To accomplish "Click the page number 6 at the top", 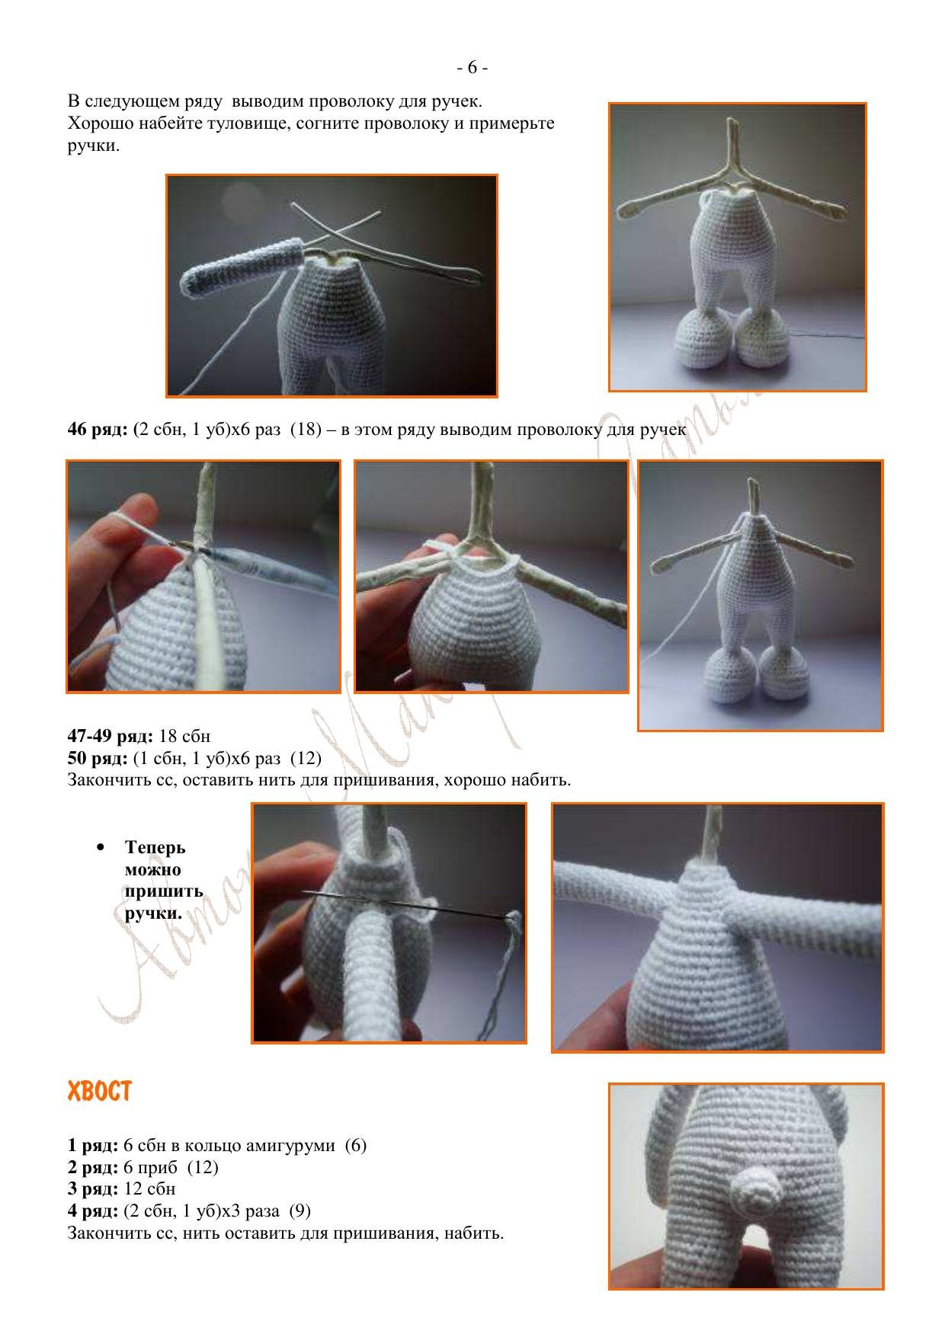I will (472, 68).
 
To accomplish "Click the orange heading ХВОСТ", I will (99, 1092).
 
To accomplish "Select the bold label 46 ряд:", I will (98, 430).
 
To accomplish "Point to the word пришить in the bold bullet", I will (163, 891).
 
